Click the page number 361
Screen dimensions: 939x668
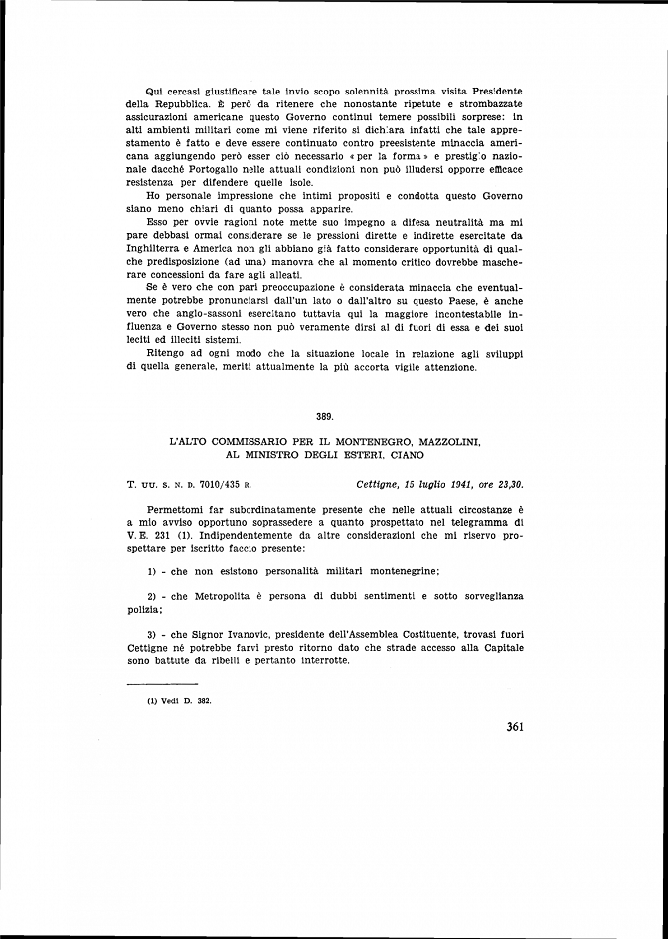[514, 726]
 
